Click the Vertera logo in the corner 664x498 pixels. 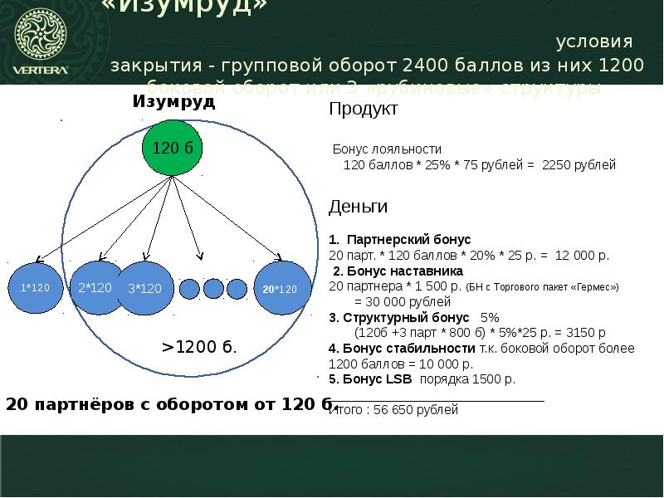point(41,41)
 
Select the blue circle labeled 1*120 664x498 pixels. point(36,288)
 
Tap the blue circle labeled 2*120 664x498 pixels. point(95,288)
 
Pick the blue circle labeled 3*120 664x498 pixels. point(145,289)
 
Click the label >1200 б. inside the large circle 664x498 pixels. point(198,348)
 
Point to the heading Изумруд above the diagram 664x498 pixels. point(173,102)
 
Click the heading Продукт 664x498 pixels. point(364,109)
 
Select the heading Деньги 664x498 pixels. point(358,206)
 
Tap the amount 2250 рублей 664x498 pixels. point(579,165)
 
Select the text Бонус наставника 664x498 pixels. point(403,271)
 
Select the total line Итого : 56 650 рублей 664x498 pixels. point(394,410)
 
